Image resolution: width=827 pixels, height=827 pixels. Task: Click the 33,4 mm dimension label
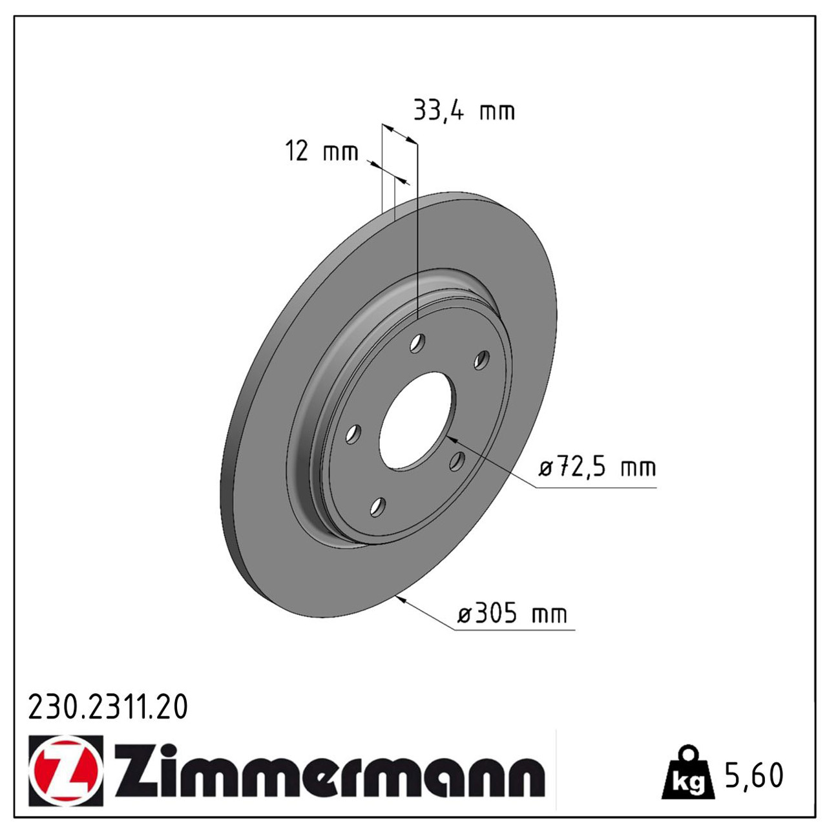(x=463, y=111)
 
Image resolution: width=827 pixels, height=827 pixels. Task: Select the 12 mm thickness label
(x=321, y=152)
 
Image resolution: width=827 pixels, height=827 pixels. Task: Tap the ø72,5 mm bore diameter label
(x=598, y=467)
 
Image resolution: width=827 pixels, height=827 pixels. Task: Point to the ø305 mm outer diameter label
(x=512, y=613)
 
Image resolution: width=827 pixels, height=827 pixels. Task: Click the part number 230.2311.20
(x=108, y=707)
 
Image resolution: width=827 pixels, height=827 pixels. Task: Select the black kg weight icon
(x=687, y=773)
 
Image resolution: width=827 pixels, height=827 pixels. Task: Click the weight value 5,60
(x=754, y=775)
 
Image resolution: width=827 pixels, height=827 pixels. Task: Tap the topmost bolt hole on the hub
(x=418, y=343)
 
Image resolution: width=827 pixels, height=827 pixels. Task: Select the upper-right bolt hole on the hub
(x=481, y=360)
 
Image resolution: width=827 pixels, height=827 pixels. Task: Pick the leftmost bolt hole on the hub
(x=352, y=434)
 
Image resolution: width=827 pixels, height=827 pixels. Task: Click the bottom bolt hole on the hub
(x=378, y=507)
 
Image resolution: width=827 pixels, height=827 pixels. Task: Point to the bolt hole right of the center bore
(x=457, y=461)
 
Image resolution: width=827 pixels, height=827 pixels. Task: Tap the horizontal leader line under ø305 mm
(x=514, y=629)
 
